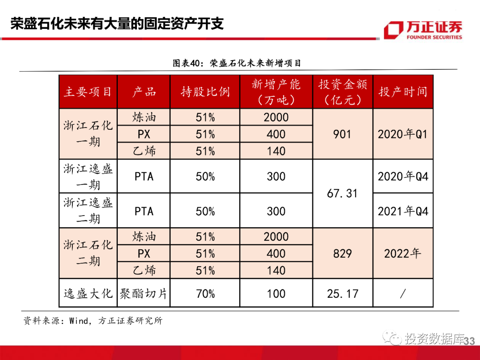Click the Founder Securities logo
point(423,30)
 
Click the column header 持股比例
point(205,92)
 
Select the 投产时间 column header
point(403,92)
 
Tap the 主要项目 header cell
point(88,92)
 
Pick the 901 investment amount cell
point(342,134)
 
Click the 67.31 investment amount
point(342,194)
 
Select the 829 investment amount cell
point(342,254)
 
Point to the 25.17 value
point(342,294)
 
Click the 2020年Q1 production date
point(403,134)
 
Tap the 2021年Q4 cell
point(403,211)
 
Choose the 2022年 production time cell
point(403,254)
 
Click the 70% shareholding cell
point(205,294)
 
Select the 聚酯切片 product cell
point(144,294)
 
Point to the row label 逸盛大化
point(88,294)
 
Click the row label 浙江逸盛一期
point(88,176)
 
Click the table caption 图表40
point(236,63)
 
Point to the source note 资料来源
point(93,320)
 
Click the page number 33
point(469,341)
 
